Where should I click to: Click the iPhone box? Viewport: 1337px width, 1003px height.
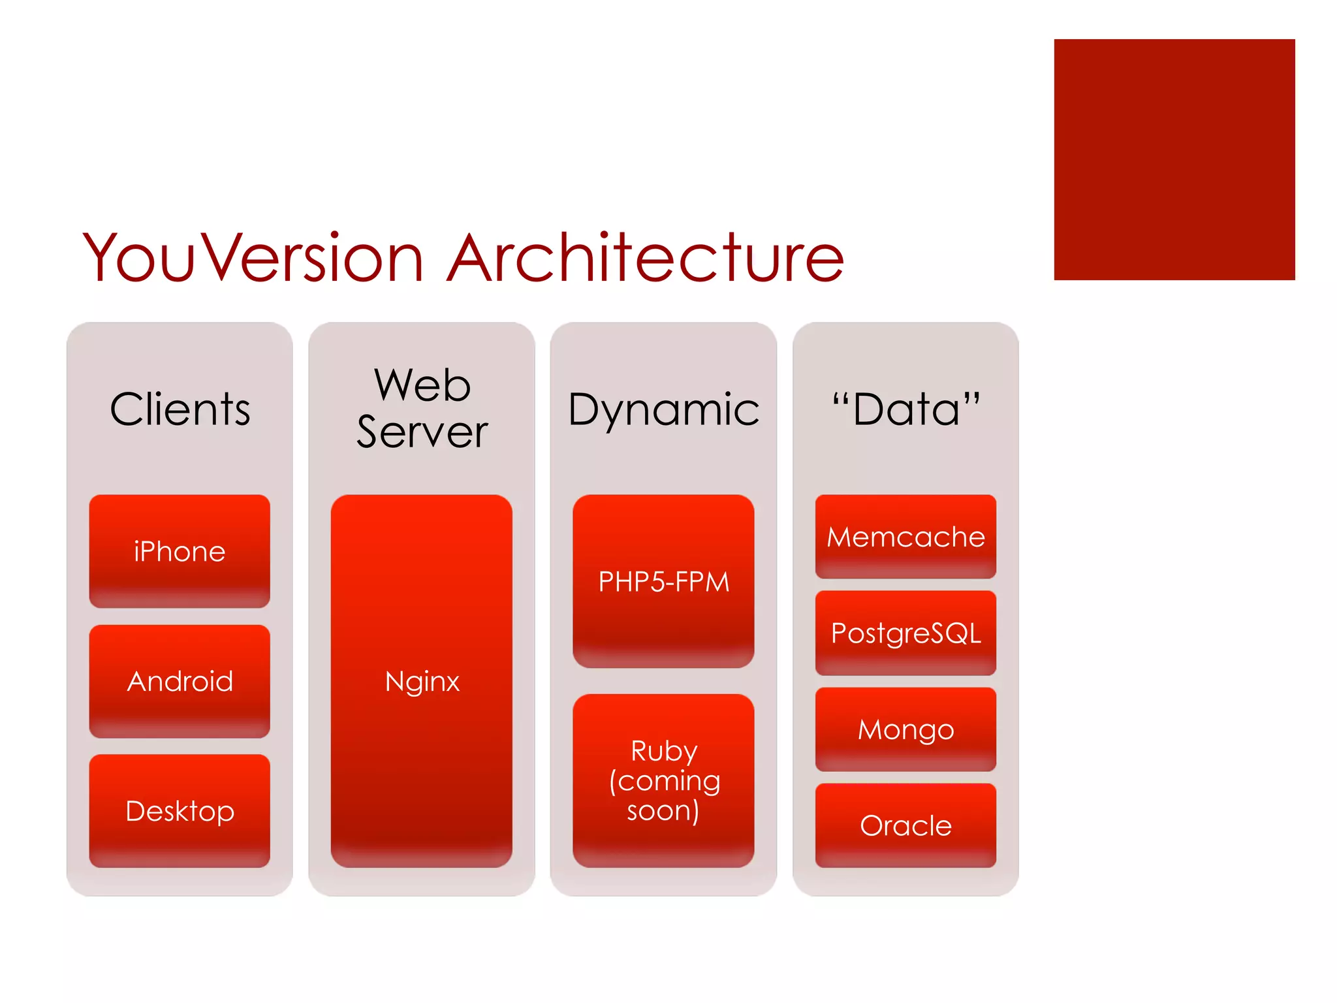180,551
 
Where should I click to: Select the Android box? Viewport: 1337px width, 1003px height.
180,681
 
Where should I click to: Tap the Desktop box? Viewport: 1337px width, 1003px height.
180,811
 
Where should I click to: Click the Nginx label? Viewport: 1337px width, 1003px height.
422,681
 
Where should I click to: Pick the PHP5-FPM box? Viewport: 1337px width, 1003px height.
663,581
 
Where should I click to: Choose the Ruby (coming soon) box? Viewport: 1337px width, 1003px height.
663,780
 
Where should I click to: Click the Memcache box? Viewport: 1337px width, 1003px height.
905,537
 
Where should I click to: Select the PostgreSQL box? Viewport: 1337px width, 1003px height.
905,633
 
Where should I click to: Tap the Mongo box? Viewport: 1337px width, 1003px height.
905,729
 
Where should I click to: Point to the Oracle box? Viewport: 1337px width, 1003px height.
905,825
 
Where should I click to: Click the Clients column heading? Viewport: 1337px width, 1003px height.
180,409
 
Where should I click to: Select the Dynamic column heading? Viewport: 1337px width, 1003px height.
663,410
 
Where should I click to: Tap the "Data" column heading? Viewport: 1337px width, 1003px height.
905,409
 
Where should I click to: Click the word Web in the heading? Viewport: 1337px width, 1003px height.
422,385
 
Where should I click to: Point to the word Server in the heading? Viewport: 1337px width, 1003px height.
422,432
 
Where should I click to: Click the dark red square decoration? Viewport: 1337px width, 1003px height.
1174,159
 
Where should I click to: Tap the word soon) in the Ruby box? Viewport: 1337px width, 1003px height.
663,810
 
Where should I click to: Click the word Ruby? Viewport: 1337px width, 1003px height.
663,750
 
